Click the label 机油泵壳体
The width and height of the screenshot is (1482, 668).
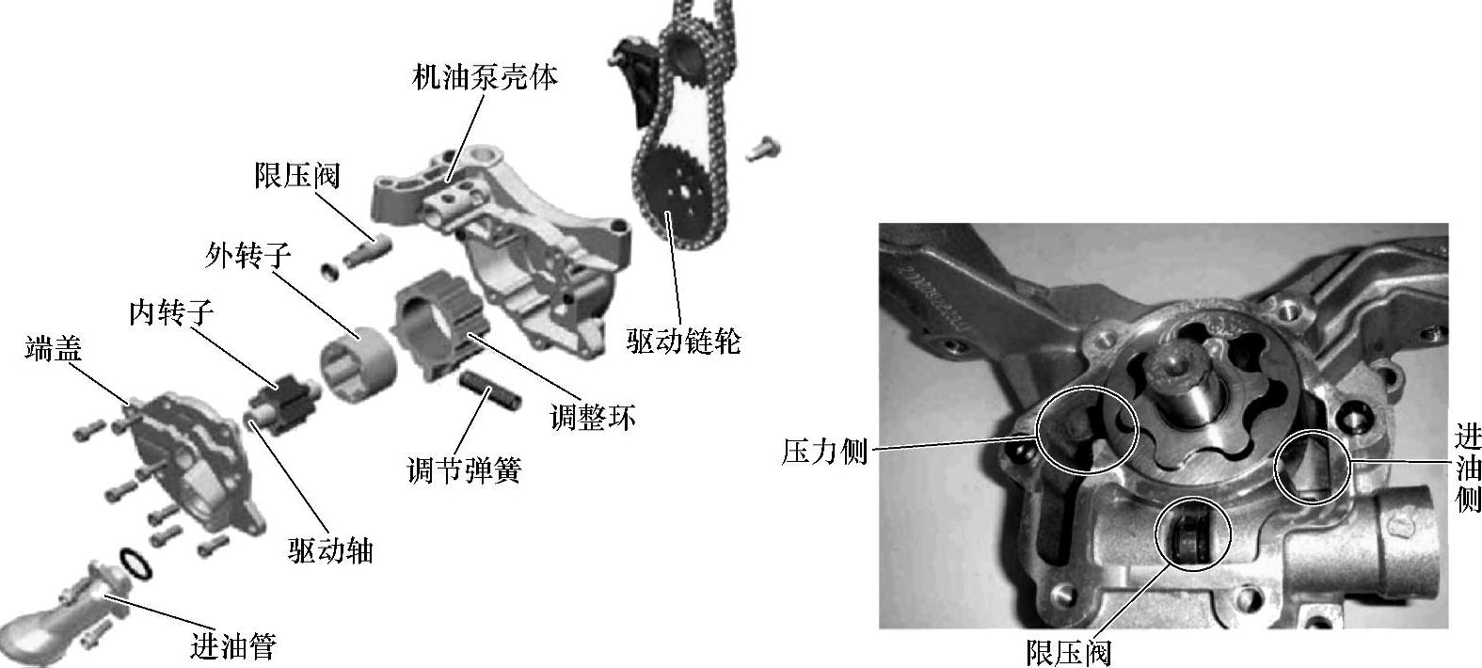pyautogui.click(x=485, y=77)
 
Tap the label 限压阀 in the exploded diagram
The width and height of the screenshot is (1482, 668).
pyautogui.click(x=297, y=176)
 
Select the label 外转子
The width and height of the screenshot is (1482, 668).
pyautogui.click(x=248, y=255)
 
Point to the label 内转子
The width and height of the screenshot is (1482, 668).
pyautogui.click(x=171, y=311)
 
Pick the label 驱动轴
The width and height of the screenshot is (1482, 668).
pyautogui.click(x=331, y=550)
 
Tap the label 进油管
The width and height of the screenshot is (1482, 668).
pyautogui.click(x=233, y=645)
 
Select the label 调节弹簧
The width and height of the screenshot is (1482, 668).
pyautogui.click(x=465, y=470)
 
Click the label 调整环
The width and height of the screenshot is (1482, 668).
pyautogui.click(x=593, y=418)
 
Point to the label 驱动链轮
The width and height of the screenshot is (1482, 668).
pyautogui.click(x=684, y=341)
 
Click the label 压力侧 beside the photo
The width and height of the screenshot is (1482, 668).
pyautogui.click(x=824, y=452)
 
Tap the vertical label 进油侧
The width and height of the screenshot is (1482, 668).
pyautogui.click(x=1468, y=469)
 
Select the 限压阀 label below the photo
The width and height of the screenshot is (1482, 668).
pyautogui.click(x=1069, y=652)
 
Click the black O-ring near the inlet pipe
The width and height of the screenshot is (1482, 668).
pyautogui.click(x=136, y=564)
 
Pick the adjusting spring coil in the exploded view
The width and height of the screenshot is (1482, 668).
pyautogui.click(x=490, y=390)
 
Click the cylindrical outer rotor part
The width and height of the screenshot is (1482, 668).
pyautogui.click(x=358, y=362)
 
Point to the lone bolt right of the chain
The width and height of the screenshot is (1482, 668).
pyautogui.click(x=763, y=148)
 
